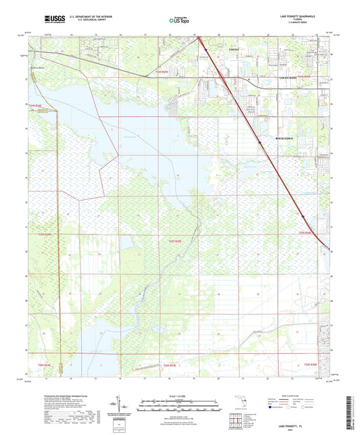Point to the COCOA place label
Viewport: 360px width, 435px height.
coord(234,51)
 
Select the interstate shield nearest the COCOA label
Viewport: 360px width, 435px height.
coord(205,48)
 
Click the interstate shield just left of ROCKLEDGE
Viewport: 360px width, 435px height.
coord(259,142)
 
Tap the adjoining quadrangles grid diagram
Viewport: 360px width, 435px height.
coord(238,421)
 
